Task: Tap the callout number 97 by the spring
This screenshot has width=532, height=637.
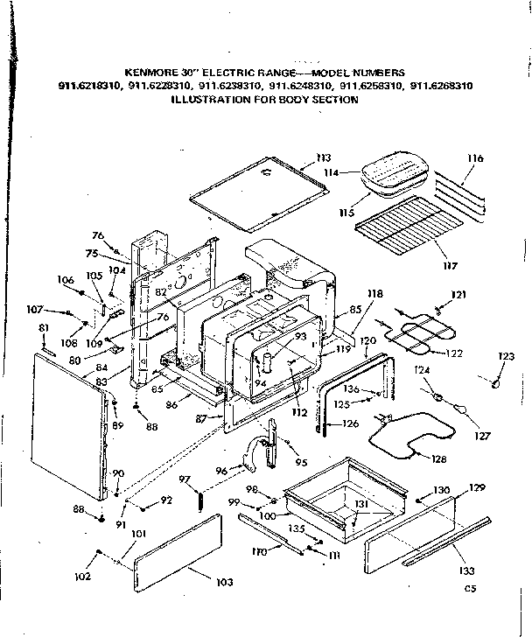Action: pos(185,479)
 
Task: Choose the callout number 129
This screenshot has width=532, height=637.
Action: pos(476,486)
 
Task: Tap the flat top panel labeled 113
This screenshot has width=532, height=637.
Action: pos(254,189)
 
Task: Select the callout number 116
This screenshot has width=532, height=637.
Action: pos(475,158)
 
